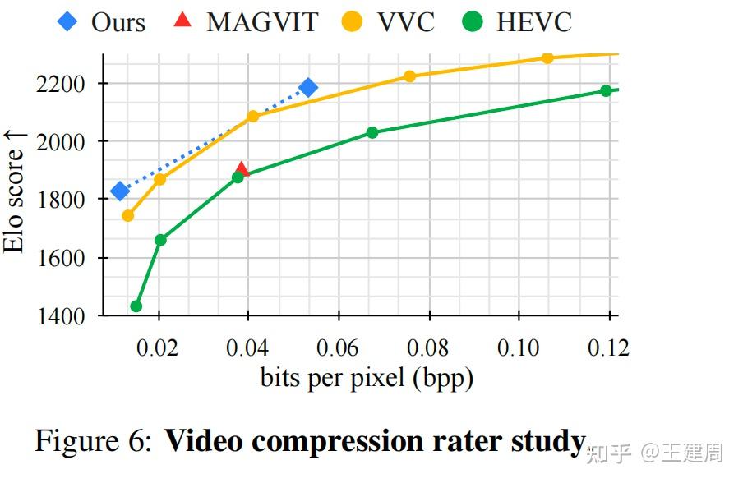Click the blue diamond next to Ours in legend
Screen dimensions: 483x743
(x=68, y=21)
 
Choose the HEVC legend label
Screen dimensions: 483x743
(x=533, y=22)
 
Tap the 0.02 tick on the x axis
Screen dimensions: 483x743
(x=157, y=347)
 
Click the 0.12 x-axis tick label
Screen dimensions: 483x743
(x=607, y=347)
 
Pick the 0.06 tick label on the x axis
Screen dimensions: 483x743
(x=337, y=347)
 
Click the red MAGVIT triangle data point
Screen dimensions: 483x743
(x=242, y=168)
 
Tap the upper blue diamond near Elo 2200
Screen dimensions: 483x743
(x=308, y=88)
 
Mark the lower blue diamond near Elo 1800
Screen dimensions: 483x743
(x=120, y=191)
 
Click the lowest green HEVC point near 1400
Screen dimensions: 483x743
(x=136, y=306)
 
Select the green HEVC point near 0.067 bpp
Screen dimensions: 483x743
(x=372, y=132)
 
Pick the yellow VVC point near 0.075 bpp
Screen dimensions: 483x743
(x=409, y=76)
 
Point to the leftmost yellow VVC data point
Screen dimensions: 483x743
(x=128, y=215)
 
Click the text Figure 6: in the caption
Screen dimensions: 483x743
(x=93, y=441)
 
